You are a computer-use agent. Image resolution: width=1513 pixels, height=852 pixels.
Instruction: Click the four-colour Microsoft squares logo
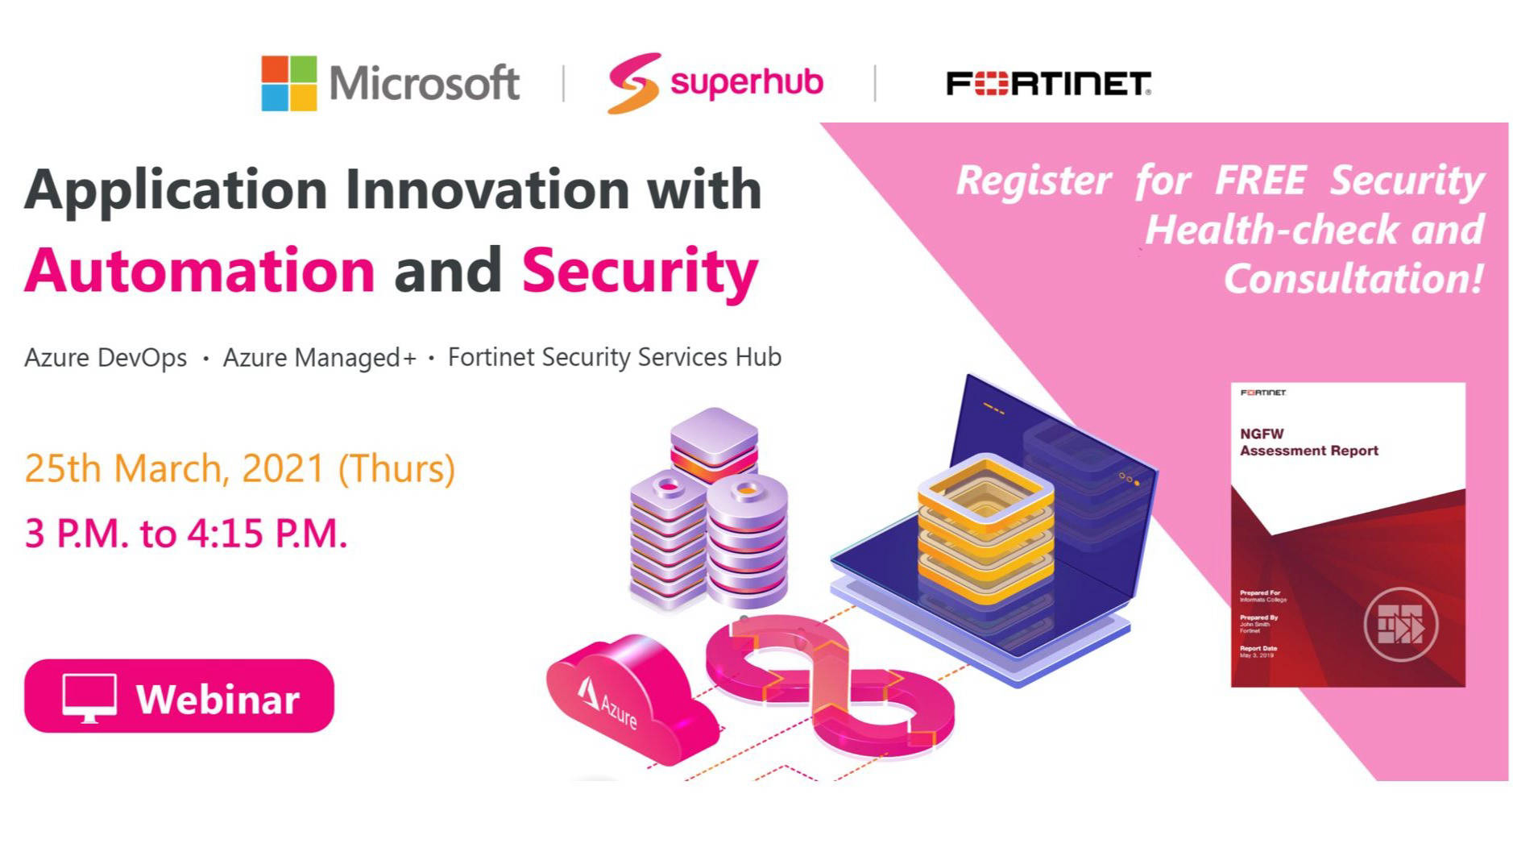[x=288, y=83]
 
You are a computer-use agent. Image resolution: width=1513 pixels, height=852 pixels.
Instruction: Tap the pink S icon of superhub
[x=634, y=83]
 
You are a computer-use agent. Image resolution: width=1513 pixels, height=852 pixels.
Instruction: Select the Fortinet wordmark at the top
[x=1047, y=83]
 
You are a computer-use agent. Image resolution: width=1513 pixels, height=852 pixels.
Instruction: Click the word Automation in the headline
[x=200, y=270]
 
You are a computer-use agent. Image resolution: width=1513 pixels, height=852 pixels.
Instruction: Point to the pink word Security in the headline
[x=640, y=272]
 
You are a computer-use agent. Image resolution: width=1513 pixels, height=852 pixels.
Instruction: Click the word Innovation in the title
[x=487, y=190]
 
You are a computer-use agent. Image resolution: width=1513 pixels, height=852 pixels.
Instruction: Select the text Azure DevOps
[x=106, y=357]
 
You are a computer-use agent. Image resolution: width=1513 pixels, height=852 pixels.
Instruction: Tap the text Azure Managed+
[x=319, y=357]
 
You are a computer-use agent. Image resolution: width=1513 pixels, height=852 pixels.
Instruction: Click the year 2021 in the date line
[x=283, y=468]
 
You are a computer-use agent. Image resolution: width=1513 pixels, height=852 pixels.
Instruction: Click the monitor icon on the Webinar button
[x=89, y=697]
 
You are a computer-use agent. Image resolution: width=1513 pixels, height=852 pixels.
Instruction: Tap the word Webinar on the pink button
[x=218, y=699]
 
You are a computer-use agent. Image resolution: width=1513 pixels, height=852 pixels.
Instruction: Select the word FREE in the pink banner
[x=1259, y=180]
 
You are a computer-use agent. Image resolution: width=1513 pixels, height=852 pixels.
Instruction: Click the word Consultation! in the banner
[x=1353, y=279]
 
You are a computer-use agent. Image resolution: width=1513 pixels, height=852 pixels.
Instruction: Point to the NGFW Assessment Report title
[x=1308, y=443]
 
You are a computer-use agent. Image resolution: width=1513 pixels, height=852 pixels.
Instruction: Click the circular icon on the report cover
[x=1400, y=625]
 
